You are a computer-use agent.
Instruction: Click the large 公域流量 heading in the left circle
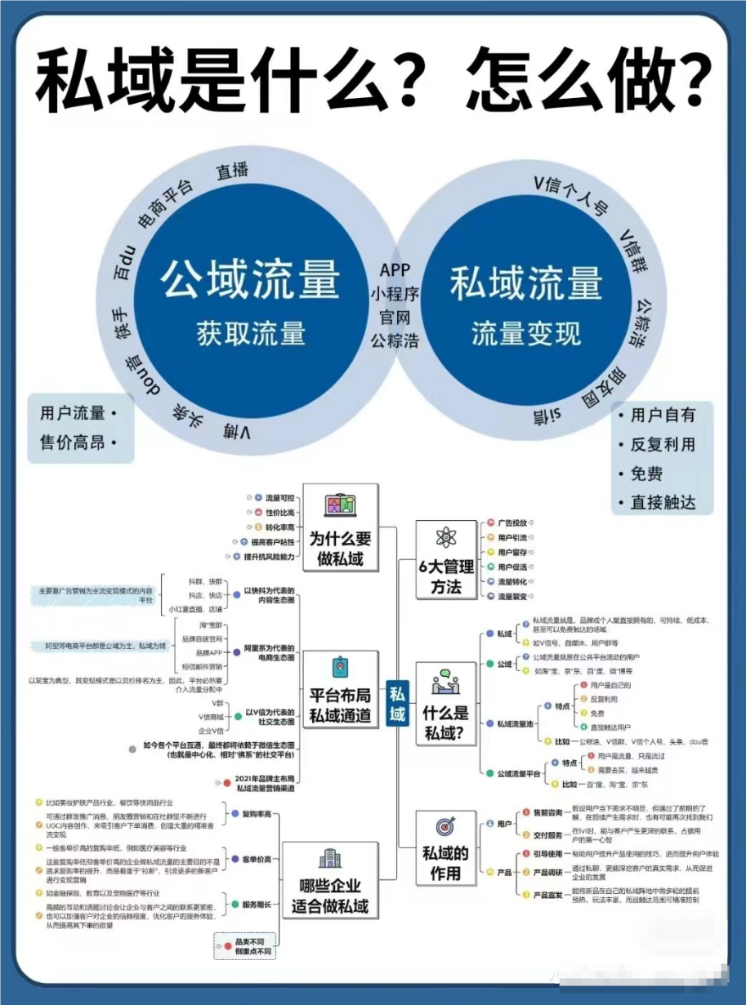coord(249,280)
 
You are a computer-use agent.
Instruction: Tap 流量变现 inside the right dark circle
coord(525,334)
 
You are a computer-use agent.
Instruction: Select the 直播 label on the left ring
coord(232,171)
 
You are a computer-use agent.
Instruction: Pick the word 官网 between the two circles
coord(395,316)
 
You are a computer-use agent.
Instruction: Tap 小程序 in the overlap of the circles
coord(395,293)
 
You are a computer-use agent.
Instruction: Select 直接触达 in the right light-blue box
coord(663,502)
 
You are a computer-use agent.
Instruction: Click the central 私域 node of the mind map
coord(397,703)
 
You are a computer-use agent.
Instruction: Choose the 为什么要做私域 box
coord(340,549)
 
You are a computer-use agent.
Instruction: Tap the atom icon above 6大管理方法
coord(446,537)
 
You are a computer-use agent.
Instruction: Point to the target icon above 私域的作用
coord(446,825)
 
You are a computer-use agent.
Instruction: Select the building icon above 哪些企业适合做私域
coord(330,858)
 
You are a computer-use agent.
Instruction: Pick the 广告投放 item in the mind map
coord(512,522)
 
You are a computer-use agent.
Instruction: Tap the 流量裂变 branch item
coord(512,597)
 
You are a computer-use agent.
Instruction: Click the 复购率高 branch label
coord(256,814)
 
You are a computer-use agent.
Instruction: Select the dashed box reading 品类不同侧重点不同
coord(252,947)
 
